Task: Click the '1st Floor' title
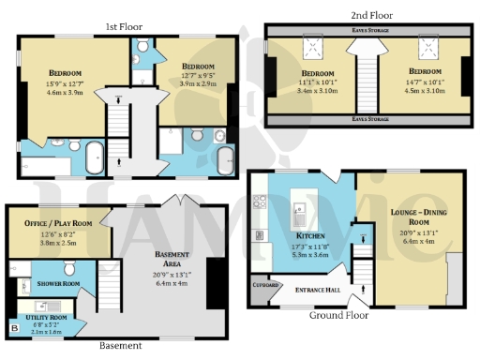coord(123,26)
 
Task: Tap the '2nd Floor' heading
coord(373,16)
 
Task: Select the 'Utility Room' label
coord(45,319)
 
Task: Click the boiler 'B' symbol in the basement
coord(14,328)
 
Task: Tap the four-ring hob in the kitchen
coord(260,199)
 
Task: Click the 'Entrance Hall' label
coord(318,292)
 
